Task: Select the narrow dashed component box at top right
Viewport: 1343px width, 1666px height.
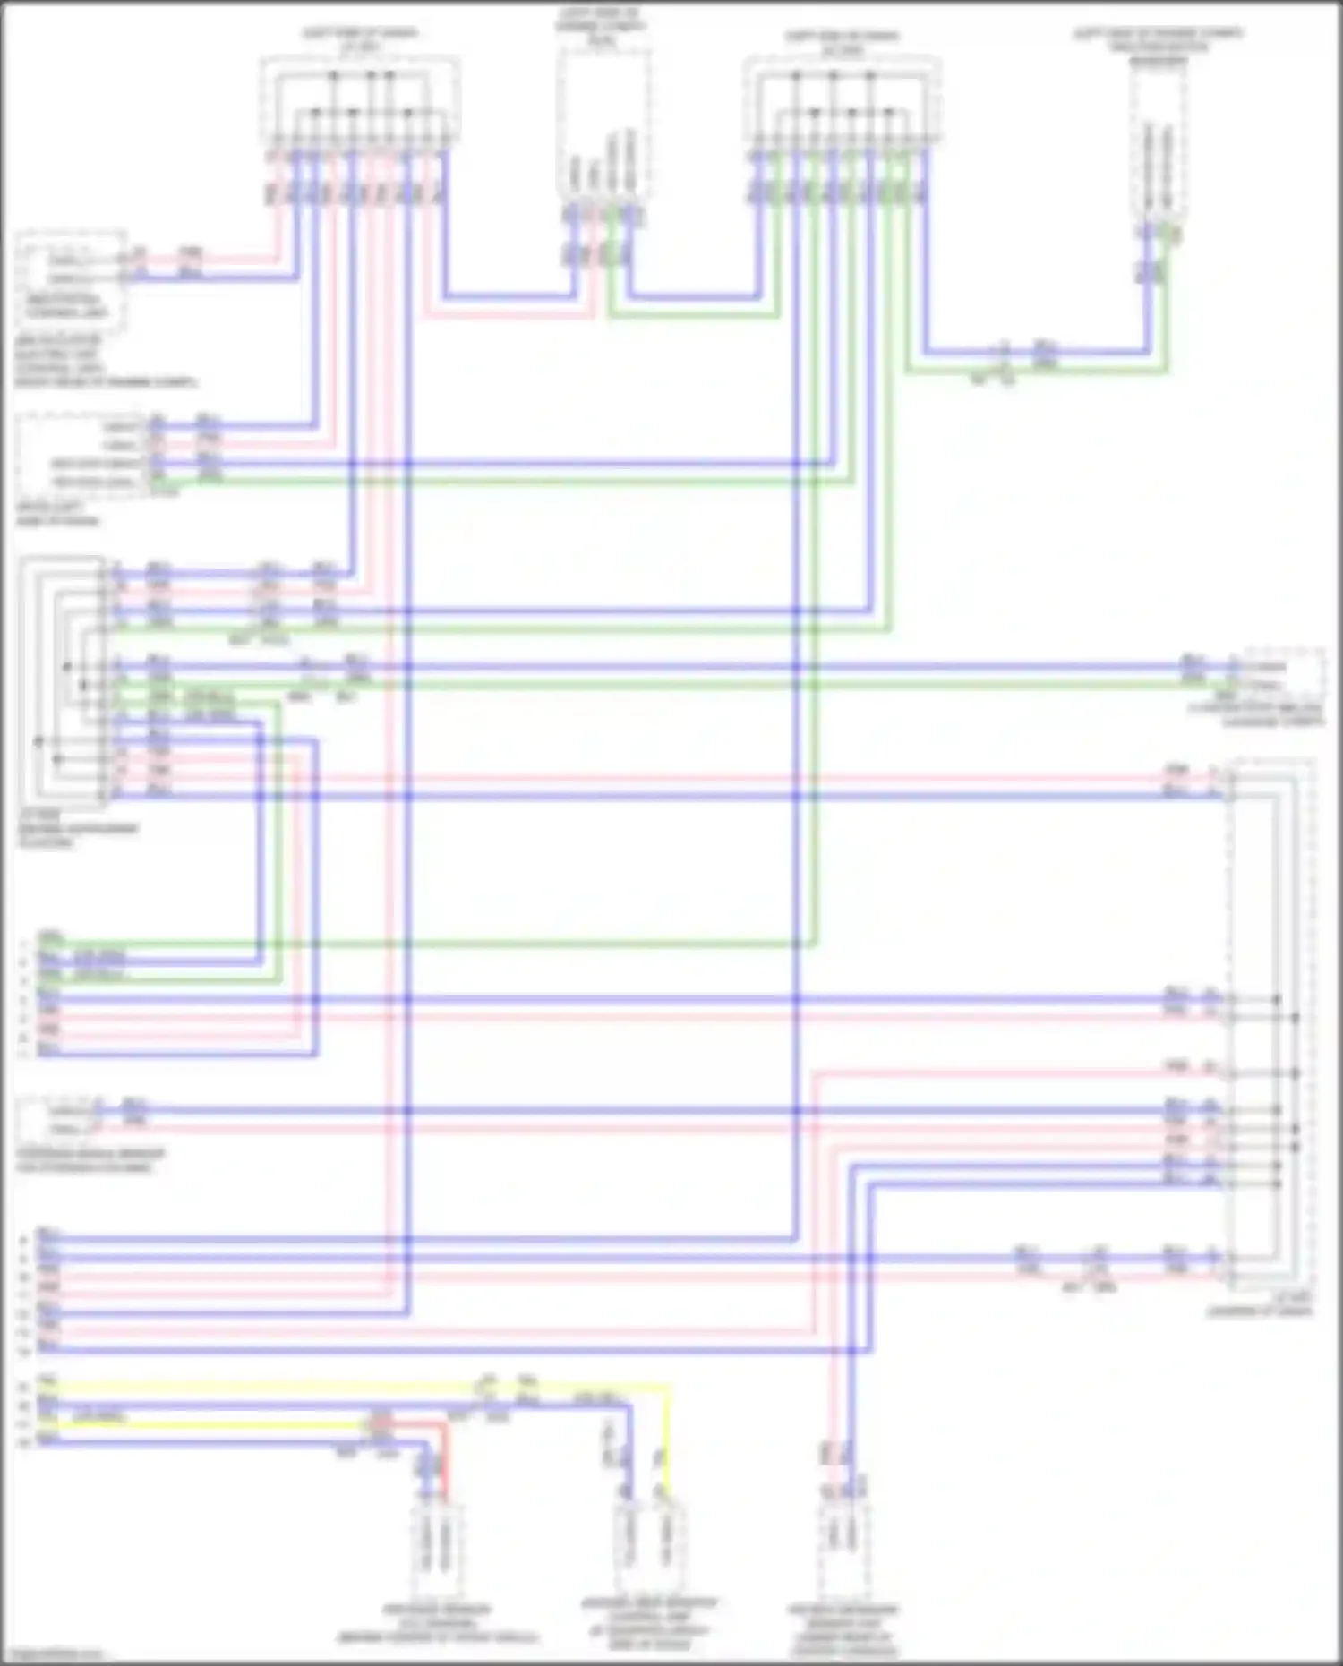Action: coord(1158,143)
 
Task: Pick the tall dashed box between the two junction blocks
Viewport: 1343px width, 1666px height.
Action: coord(603,125)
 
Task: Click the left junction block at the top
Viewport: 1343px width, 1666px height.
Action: coord(360,102)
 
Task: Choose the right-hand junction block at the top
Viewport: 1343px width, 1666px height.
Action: coord(842,102)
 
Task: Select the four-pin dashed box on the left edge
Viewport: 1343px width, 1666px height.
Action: coord(79,455)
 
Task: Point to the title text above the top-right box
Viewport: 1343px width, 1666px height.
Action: coord(1158,47)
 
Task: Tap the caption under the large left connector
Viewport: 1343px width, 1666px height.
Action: coord(79,829)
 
